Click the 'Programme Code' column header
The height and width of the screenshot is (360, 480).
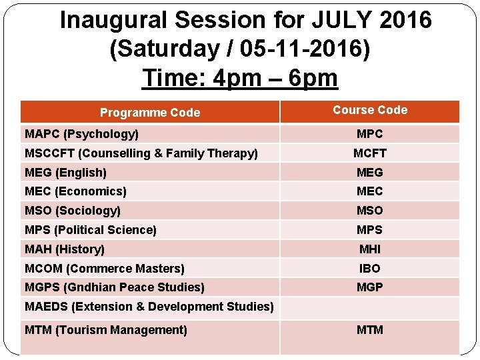149,113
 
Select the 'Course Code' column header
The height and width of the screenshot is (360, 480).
370,110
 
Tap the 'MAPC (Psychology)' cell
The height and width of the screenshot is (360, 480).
82,134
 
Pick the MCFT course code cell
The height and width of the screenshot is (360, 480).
370,153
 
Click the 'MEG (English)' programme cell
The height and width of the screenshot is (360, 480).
65,173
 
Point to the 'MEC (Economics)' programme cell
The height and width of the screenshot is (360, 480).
75,191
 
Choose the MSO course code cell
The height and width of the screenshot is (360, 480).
370,211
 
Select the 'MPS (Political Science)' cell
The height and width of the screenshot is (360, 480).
91,230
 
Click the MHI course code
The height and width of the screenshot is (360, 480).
370,249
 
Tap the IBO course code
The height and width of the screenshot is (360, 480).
370,269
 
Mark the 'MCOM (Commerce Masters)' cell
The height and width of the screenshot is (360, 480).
105,269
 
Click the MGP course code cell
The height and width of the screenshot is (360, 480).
370,287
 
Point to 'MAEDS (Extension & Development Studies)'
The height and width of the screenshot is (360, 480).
149,307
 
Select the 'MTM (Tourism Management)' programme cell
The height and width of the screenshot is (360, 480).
106,330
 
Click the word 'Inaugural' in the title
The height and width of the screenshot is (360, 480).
113,21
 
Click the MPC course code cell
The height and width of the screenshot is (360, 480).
370,134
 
